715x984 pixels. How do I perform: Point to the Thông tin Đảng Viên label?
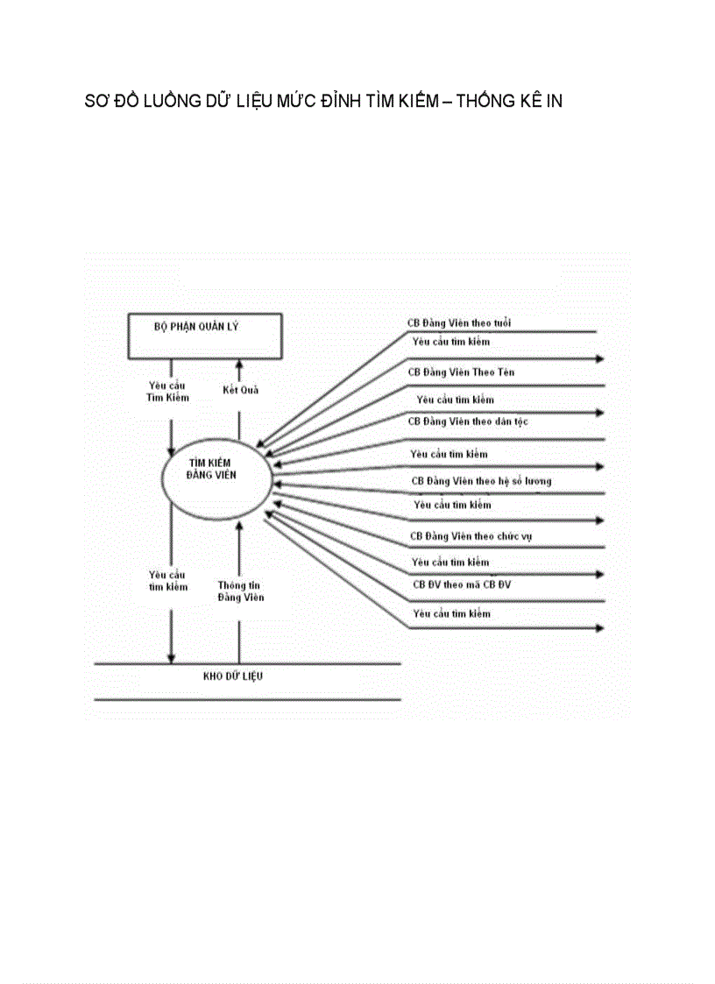[x=240, y=591]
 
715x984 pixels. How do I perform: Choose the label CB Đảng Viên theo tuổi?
[x=459, y=322]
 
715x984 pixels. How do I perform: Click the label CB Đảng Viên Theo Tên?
[x=461, y=372]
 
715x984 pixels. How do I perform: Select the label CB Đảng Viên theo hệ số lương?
[x=481, y=481]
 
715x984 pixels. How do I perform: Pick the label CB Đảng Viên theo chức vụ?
[x=471, y=535]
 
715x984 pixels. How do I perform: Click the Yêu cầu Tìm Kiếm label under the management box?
[x=167, y=391]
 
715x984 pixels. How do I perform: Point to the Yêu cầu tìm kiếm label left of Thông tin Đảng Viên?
[x=167, y=581]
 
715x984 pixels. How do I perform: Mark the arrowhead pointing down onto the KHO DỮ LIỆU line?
[x=172, y=658]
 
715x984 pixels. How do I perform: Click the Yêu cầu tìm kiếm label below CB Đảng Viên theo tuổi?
[x=452, y=342]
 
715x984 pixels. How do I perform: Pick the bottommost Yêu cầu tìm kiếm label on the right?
[x=452, y=614]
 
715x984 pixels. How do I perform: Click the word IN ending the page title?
[x=553, y=102]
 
